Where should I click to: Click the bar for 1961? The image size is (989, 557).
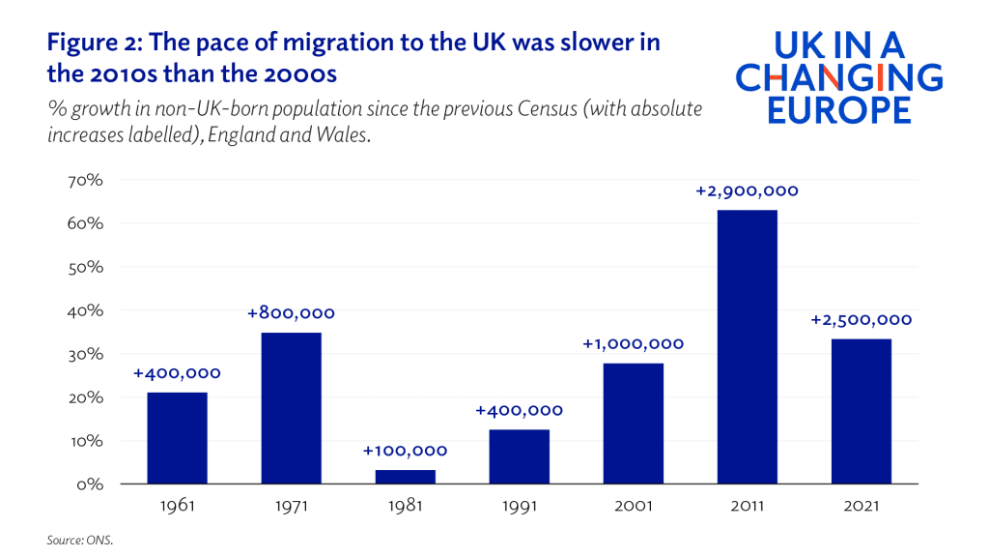(177, 438)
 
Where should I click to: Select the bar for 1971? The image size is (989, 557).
(291, 408)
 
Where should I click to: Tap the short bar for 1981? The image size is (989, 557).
(406, 477)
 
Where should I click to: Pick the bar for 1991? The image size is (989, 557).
(520, 456)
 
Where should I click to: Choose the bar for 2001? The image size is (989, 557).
(634, 424)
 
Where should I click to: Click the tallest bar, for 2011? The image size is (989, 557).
(748, 347)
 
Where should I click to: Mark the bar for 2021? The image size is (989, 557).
(862, 411)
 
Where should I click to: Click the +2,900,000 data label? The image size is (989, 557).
(748, 191)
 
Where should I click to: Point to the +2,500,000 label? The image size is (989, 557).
(862, 320)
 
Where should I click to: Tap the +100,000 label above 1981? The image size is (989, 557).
(406, 451)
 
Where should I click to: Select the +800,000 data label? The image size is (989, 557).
(291, 313)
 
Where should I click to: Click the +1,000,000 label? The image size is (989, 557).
(634, 344)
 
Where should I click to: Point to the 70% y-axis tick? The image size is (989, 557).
(83, 181)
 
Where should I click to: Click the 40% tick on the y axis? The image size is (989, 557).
(83, 310)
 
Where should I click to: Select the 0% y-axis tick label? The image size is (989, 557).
(89, 484)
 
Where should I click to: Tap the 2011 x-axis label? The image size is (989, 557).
(748, 506)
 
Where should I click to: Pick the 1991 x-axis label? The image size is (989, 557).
(520, 506)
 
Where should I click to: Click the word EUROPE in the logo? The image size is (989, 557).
(839, 109)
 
